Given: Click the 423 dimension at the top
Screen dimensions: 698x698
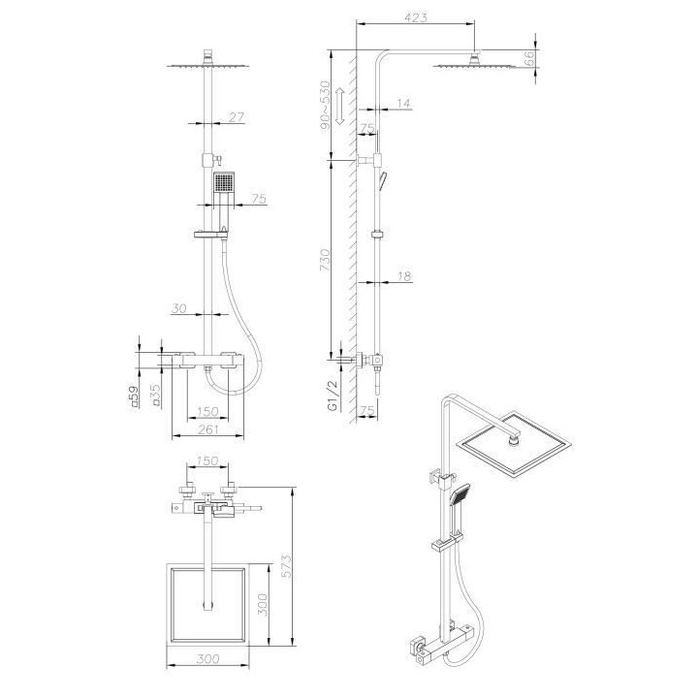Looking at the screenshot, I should pos(418,16).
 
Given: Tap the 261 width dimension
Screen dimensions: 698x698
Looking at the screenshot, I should pos(206,430).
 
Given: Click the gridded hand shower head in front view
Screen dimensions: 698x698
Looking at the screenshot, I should pos(224,183).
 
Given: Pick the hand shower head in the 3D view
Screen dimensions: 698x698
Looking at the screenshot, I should pos(462,495).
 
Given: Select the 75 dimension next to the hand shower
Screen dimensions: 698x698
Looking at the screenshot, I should pos(258,199).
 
